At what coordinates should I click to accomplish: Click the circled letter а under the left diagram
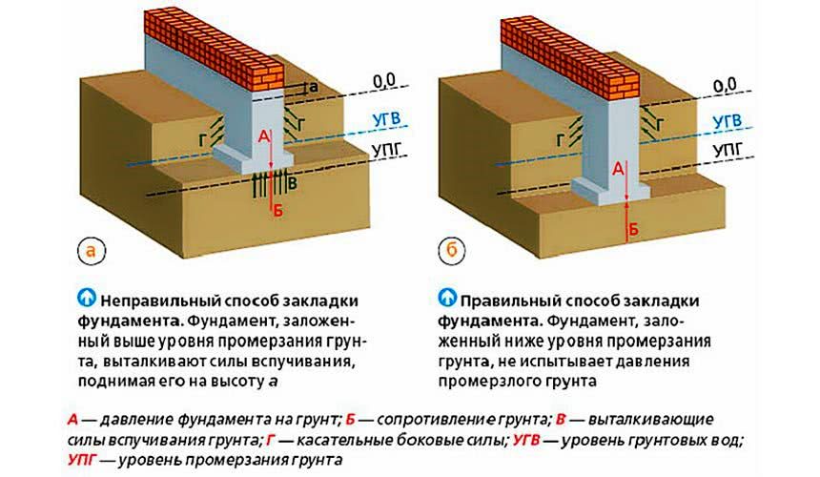pos(91,252)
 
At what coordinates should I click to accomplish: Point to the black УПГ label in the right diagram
pos(724,152)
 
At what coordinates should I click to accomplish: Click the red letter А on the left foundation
pos(263,137)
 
